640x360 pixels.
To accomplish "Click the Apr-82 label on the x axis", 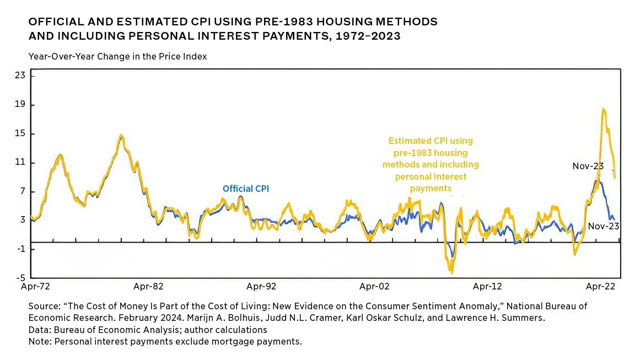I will [x=149, y=287].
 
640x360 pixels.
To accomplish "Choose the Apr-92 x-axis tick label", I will [x=261, y=287].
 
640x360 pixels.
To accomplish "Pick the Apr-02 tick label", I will [x=374, y=287].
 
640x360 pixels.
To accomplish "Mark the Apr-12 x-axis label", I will [x=488, y=287].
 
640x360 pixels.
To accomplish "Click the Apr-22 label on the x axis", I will [x=600, y=287].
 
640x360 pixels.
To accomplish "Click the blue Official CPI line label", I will [x=246, y=189].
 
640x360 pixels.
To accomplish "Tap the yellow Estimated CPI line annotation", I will [x=431, y=164].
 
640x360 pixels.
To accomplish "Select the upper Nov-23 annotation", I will [x=588, y=166].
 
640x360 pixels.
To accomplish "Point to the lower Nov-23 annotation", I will [x=604, y=226].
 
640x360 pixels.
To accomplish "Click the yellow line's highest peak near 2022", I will [x=604, y=109].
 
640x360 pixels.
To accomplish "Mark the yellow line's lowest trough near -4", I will [x=452, y=272].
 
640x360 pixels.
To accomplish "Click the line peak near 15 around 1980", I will [x=121, y=135].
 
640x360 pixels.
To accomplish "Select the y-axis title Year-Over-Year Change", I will [x=117, y=56].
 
